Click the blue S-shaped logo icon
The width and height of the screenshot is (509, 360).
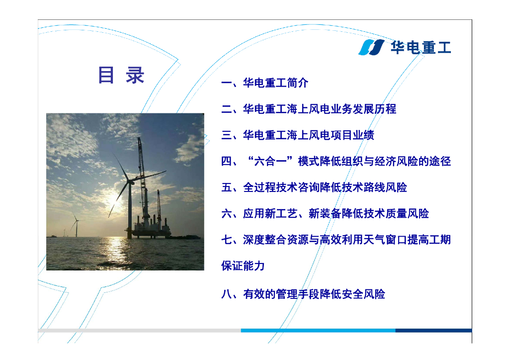[371, 47]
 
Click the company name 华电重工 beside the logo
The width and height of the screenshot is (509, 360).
[421, 47]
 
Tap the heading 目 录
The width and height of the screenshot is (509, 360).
[121, 75]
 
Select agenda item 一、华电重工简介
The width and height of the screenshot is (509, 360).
[264, 83]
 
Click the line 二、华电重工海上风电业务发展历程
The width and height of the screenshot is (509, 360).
[309, 109]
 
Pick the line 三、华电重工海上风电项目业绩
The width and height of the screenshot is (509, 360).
[298, 135]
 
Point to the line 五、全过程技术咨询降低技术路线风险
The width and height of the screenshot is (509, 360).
[314, 187]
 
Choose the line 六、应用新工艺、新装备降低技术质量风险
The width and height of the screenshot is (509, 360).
[325, 213]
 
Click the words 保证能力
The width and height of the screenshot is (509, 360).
[243, 266]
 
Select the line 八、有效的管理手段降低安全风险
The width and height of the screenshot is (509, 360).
[303, 294]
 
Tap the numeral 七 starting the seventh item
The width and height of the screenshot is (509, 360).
[227, 240]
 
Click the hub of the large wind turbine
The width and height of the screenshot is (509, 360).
[131, 182]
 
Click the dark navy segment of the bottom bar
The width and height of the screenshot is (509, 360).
[433, 331]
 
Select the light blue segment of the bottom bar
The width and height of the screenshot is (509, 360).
[318, 331]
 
